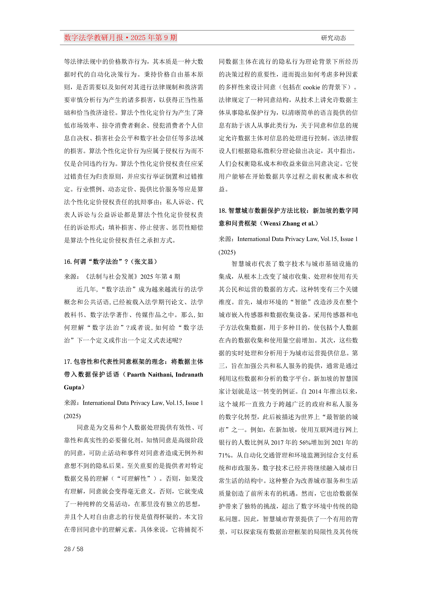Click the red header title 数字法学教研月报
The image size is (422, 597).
[x=93, y=38]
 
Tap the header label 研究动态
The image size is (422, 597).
[x=333, y=38]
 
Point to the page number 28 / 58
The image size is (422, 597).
[x=74, y=549]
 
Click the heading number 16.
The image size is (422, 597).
[x=68, y=262]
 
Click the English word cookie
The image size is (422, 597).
[x=311, y=87]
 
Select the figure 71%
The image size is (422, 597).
[x=225, y=455]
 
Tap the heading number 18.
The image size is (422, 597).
[x=222, y=211]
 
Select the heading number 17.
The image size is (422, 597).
[x=68, y=362]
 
